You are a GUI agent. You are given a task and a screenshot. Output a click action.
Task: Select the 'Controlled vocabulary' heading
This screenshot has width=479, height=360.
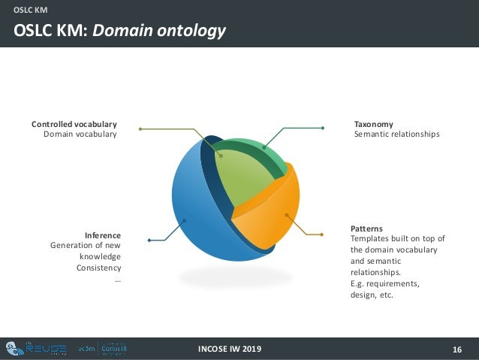click(74, 124)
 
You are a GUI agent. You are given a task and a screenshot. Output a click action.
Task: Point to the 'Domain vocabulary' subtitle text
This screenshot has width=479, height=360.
click(80, 135)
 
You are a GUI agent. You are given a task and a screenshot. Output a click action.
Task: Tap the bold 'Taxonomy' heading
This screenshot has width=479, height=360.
click(373, 124)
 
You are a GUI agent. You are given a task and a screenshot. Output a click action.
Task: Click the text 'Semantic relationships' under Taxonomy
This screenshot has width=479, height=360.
click(396, 135)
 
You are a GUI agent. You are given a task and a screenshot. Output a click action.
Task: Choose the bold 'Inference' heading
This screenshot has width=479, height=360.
click(103, 235)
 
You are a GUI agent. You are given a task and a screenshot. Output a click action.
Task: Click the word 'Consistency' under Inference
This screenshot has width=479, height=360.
click(98, 268)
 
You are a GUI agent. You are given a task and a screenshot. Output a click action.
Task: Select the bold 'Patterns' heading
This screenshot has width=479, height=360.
click(366, 228)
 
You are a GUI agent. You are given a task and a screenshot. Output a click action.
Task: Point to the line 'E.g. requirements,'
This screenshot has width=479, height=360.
click(385, 284)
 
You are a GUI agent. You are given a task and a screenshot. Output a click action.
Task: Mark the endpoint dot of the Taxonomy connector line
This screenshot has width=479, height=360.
click(322, 129)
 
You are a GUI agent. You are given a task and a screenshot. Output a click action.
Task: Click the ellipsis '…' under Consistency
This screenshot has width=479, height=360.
click(117, 280)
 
